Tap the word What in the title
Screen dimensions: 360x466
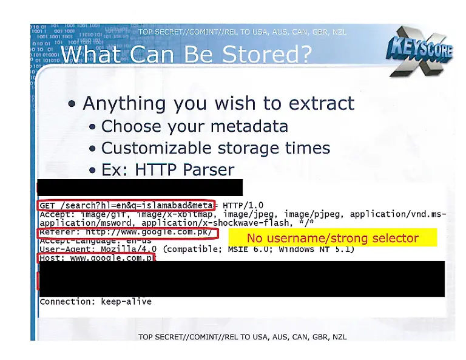click(95, 55)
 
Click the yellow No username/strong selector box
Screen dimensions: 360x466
click(333, 238)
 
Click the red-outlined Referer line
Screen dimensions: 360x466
click(127, 232)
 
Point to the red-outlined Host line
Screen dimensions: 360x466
click(96, 258)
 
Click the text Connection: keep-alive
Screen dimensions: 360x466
click(95, 302)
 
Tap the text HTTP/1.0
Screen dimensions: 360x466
click(243, 205)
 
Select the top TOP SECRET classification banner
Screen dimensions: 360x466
click(242, 32)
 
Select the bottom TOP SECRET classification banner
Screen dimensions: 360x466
click(242, 337)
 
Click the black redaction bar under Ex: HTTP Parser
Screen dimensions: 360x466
click(140, 187)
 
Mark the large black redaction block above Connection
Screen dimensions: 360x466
click(243, 279)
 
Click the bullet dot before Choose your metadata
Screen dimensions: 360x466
click(92, 127)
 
